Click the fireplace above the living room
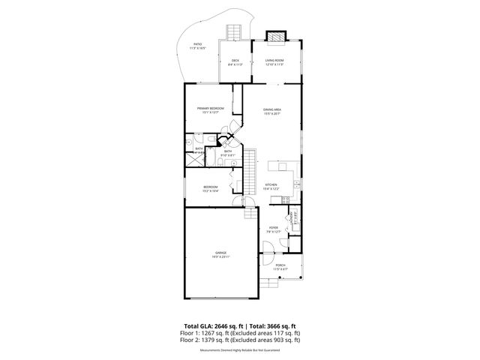click(x=274, y=35)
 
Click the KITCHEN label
click(x=271, y=186)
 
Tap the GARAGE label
click(x=221, y=253)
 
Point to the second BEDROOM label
click(x=211, y=187)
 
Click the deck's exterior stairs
click(x=233, y=31)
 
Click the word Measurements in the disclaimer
click(x=209, y=349)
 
